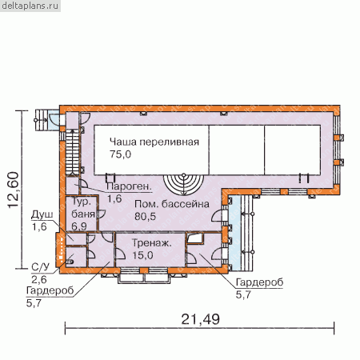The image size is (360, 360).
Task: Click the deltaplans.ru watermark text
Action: pos(30,6)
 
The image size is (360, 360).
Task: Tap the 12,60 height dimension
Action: pos(14,190)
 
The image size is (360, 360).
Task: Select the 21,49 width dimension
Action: pos(201,319)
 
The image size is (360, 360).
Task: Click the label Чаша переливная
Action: pos(154,142)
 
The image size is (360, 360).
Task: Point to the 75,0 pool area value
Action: pos(120,154)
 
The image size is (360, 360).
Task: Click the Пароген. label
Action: pos(129,186)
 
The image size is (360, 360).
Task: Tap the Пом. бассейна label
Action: pos(172,204)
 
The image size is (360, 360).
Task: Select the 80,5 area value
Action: pos(145,216)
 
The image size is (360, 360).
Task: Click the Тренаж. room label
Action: pos(152,243)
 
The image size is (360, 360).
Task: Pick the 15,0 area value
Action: pos(142,255)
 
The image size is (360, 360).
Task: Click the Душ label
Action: pos(42,214)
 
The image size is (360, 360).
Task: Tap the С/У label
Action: pos(40,267)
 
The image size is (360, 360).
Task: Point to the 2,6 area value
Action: pos(39,279)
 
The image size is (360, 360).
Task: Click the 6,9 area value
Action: pos(79,226)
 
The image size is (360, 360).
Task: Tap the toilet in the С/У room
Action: pos(70,262)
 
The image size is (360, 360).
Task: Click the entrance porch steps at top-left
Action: pos(41,120)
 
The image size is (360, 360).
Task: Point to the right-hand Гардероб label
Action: pos(259,282)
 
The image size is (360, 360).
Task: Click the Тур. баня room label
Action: pos(83,208)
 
